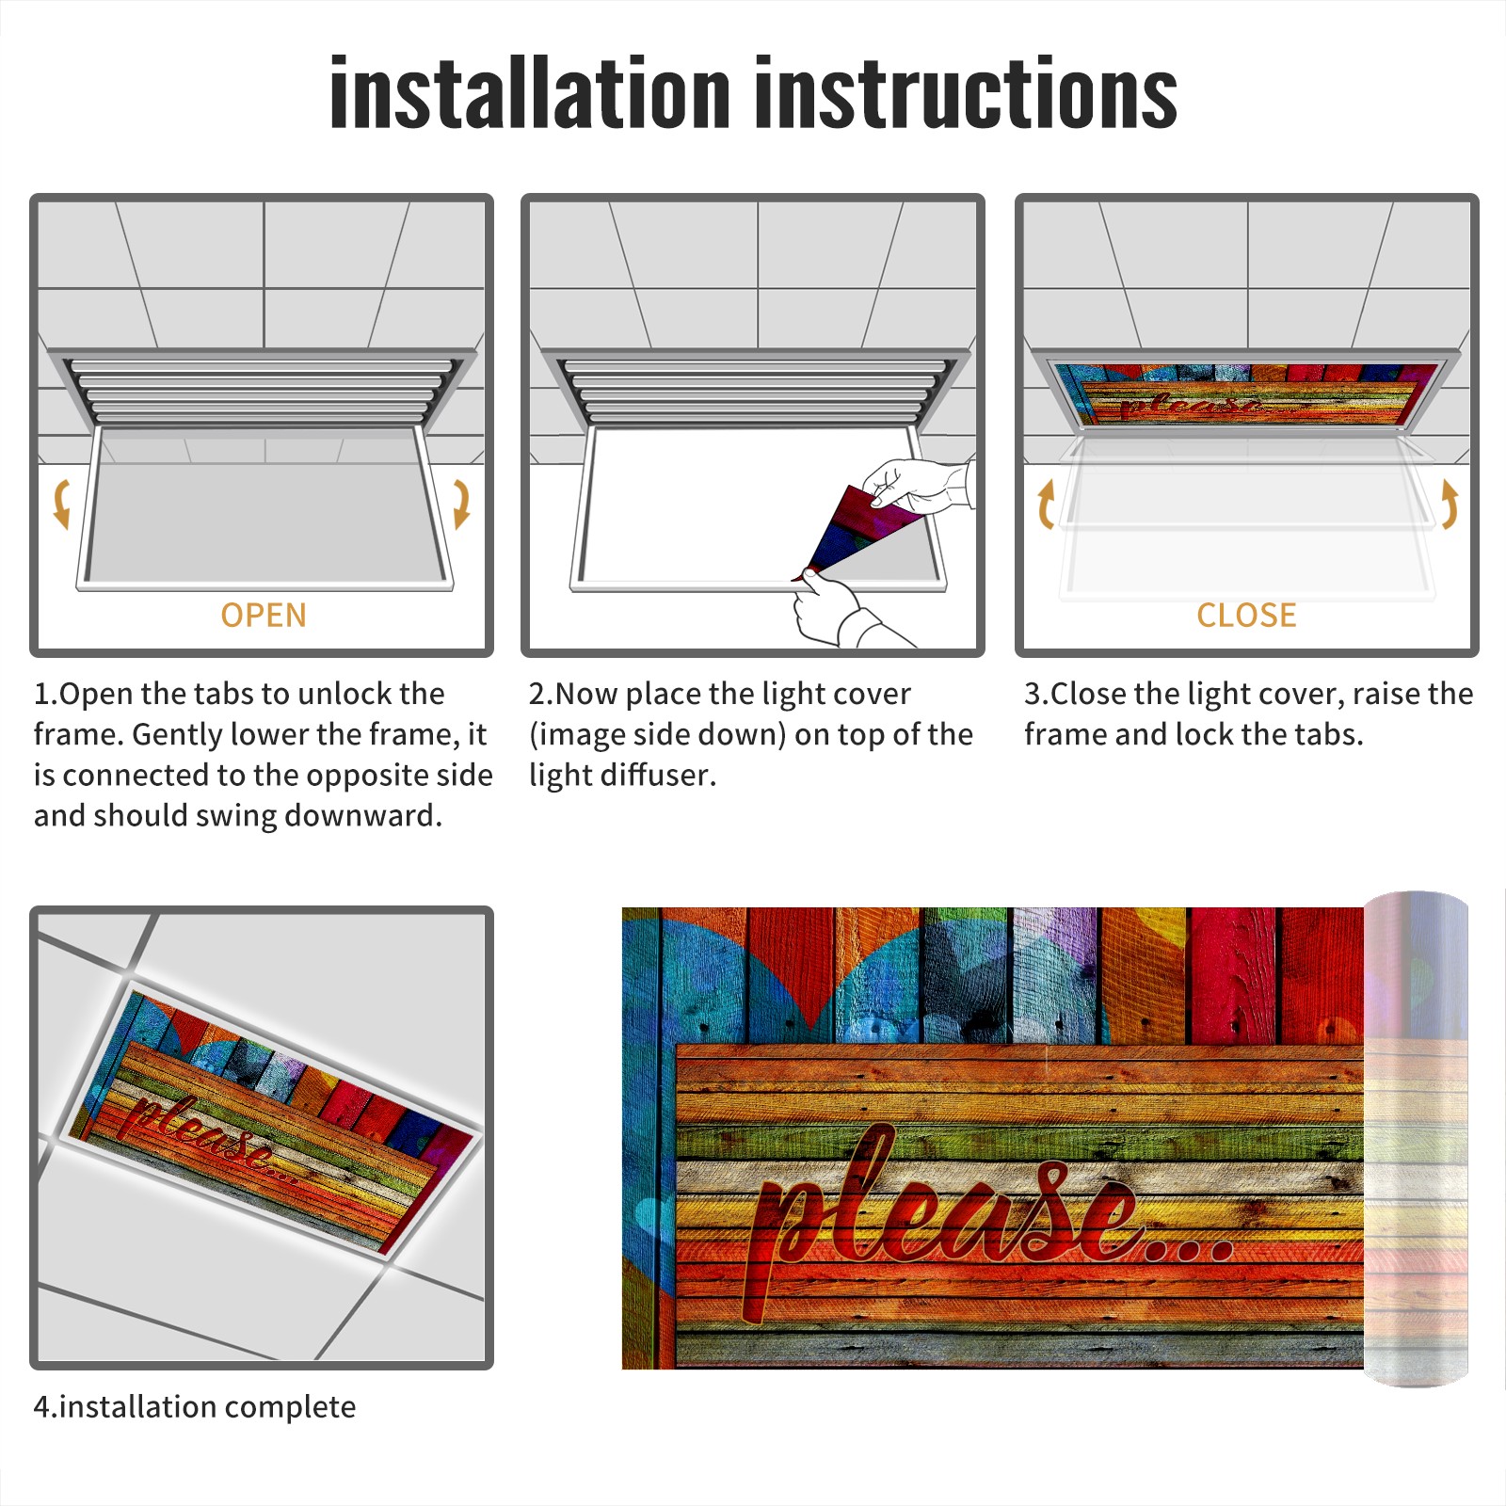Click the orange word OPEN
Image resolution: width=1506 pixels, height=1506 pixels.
click(264, 616)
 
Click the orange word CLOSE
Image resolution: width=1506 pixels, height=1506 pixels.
click(1246, 616)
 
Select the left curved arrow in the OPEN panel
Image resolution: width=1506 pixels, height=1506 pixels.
click(61, 504)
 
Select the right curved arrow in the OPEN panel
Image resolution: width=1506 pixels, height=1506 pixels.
click(461, 504)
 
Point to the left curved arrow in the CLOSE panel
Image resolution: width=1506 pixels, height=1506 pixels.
click(1046, 505)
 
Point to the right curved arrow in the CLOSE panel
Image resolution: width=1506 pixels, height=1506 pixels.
click(1450, 504)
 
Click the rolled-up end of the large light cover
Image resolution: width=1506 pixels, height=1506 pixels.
click(1417, 1139)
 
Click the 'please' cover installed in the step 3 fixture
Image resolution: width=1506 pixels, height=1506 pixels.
click(1244, 393)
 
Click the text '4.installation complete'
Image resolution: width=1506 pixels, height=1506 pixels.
click(195, 1407)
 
